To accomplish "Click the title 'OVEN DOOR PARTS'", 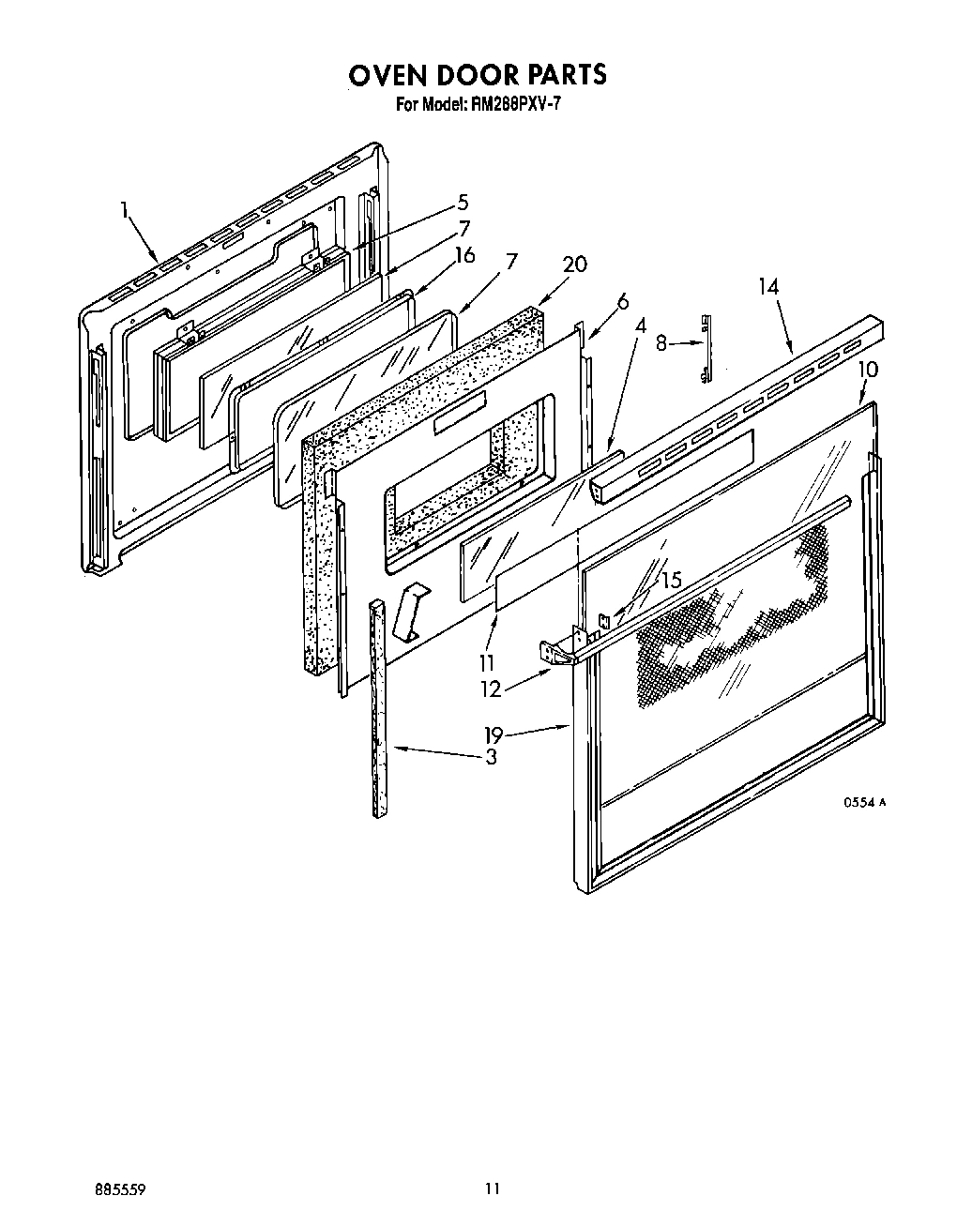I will (x=478, y=74).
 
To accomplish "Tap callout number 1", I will (x=123, y=210).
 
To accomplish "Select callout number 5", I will (x=463, y=202).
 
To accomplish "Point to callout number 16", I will (x=463, y=255).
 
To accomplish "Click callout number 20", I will (x=574, y=265).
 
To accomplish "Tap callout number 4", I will (x=641, y=325).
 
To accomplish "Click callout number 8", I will (x=662, y=343).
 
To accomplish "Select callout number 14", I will (x=768, y=286).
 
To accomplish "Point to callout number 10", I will (x=868, y=369).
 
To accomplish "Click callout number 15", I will (x=671, y=581).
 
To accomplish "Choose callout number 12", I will (x=491, y=689).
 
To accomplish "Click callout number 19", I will (x=494, y=735).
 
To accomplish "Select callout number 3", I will (x=491, y=757).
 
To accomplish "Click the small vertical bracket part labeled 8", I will (x=706, y=349).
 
